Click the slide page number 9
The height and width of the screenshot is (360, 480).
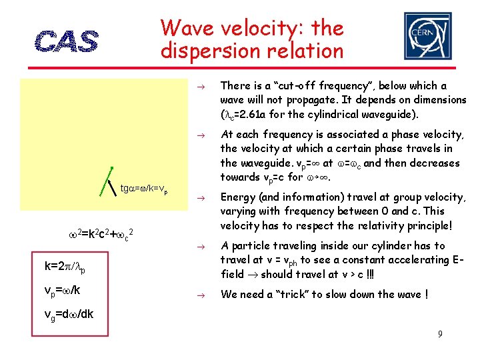[440, 333]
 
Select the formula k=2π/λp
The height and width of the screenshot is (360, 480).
[65, 267]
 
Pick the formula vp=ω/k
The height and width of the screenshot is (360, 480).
[63, 291]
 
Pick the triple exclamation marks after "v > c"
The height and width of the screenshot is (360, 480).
[387, 274]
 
